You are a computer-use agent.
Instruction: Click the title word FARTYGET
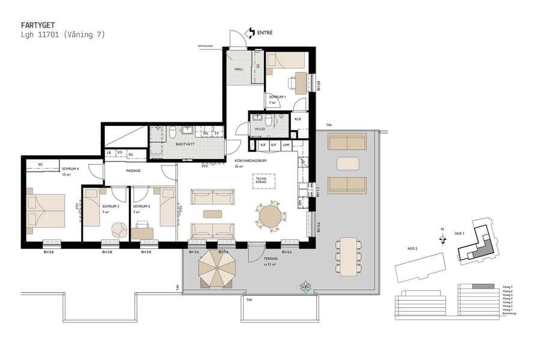click(38, 26)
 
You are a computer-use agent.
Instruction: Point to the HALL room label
click(239, 70)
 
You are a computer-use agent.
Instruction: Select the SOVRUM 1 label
click(277, 97)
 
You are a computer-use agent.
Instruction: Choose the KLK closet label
click(298, 119)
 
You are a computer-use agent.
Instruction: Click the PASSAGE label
click(133, 170)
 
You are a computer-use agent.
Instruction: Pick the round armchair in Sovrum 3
click(119, 229)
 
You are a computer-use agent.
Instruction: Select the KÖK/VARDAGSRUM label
click(250, 161)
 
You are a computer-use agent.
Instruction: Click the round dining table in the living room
click(268, 217)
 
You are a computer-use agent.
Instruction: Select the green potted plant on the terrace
click(306, 287)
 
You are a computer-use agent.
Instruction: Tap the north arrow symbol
click(443, 238)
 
